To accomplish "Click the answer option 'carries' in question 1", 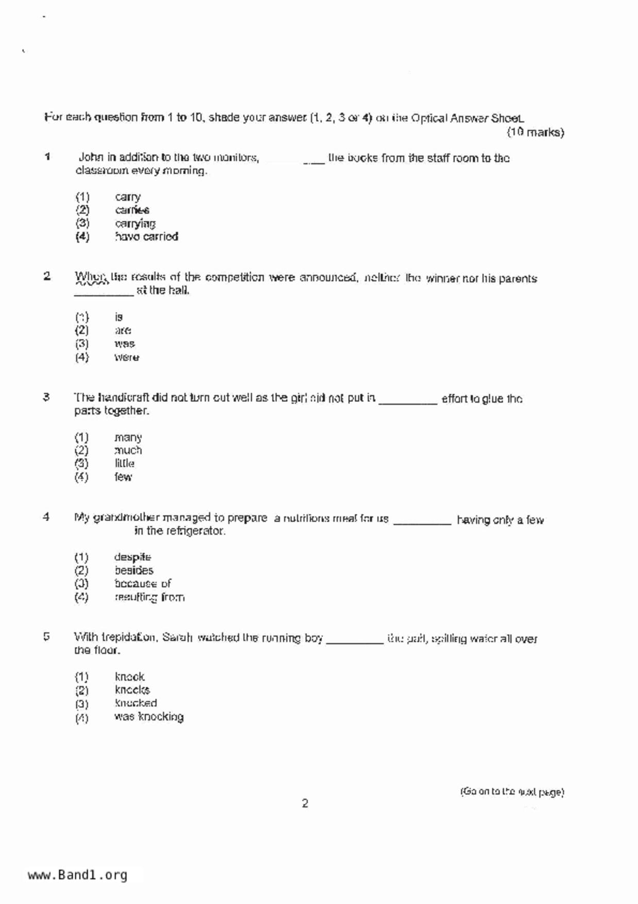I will point(132,210).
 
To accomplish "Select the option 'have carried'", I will point(146,237).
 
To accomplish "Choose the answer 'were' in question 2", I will point(127,357).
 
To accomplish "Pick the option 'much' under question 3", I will point(128,450).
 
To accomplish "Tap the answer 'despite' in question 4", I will point(132,557).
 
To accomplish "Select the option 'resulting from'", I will point(149,597).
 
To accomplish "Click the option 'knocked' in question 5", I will point(136,703).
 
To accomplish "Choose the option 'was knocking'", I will point(149,717).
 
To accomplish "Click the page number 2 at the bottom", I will point(305,803).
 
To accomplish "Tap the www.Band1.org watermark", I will point(77,875).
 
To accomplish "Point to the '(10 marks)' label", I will point(535,132).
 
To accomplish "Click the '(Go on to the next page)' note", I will point(512,792).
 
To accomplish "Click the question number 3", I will point(46,397).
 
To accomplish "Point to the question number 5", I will point(46,637).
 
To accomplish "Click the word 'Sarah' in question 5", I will point(177,638).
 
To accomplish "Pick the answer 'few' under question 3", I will point(123,477).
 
